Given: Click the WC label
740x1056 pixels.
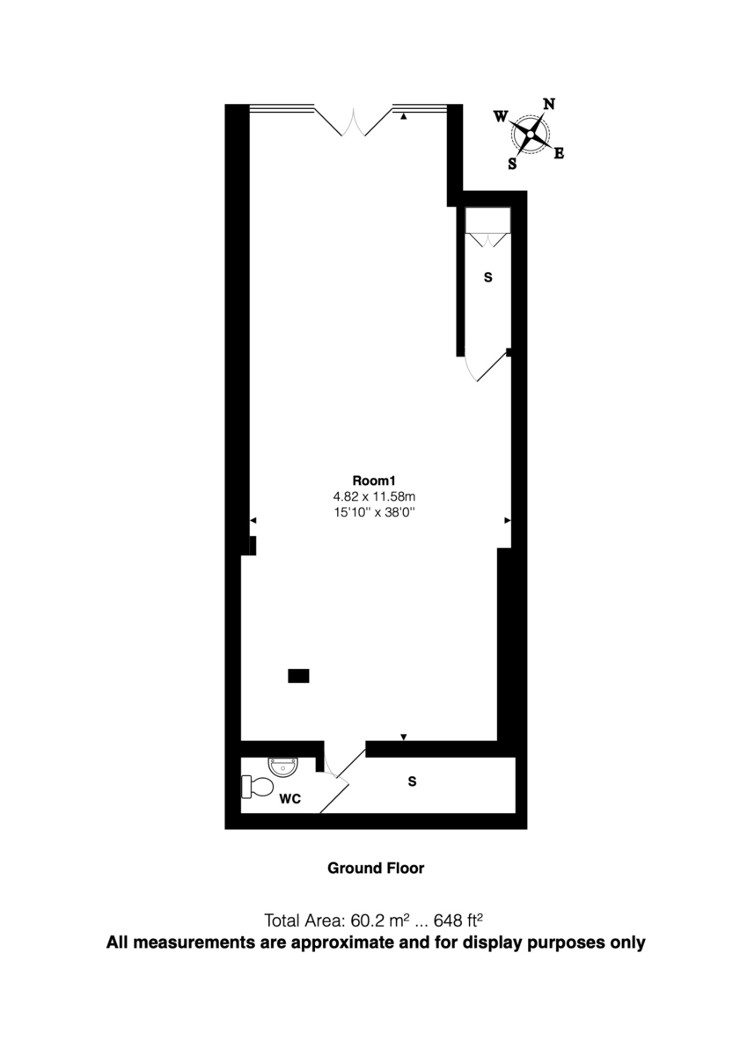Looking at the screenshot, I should pos(291,799).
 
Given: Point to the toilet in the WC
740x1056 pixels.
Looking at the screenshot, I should pos(257,786).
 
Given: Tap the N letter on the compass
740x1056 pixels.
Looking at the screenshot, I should pos(549,104).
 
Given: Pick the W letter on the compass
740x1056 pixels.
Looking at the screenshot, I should pos(500,116).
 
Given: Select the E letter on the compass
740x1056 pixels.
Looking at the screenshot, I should pos(559,154).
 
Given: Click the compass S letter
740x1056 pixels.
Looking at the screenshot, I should pos(512,163).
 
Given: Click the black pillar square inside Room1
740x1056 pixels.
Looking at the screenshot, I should pos(298,676).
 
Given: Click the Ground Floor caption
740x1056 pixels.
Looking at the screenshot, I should pos(376,869).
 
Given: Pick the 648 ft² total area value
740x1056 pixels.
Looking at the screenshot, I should pos(459,921).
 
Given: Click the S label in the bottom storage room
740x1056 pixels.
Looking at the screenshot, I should pos(411,781).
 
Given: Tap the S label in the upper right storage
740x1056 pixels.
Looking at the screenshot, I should pos(488,277).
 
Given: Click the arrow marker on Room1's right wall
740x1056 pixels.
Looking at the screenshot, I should pos(507,521).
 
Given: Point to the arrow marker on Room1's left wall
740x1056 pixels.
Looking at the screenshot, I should pos(253,521).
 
